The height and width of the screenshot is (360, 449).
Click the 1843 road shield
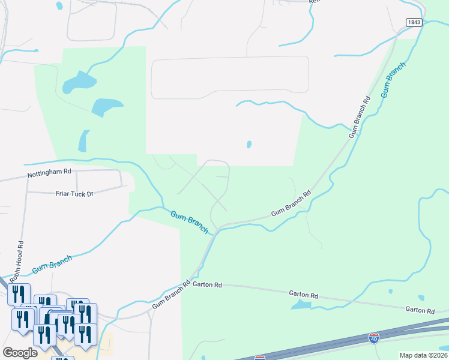tap(414, 22)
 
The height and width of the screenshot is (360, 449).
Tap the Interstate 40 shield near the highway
tap(374, 338)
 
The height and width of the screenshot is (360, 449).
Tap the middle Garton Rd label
tap(303, 295)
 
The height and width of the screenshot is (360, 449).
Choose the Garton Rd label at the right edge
tap(420, 310)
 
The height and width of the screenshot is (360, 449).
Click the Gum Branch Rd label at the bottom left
tap(170, 295)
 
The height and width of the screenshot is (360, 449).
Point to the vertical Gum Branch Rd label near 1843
tap(359, 116)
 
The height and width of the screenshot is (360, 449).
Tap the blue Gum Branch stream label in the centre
tap(188, 221)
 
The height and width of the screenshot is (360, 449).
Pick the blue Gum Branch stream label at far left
tap(52, 265)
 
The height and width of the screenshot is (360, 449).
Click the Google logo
tap(20, 352)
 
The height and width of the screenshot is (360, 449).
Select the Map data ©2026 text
tap(423, 355)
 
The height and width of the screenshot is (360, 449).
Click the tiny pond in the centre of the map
tap(249, 145)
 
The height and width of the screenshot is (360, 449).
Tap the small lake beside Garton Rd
tap(301, 305)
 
